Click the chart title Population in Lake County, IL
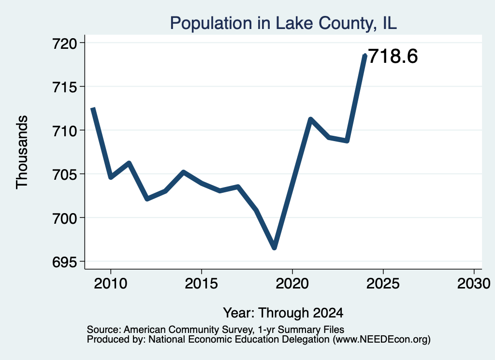(283, 23)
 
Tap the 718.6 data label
(393, 57)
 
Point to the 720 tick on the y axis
(65, 43)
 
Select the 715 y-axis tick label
(65, 87)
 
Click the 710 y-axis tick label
(65, 130)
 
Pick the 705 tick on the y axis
(65, 174)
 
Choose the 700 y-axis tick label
(65, 218)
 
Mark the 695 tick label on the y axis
(65, 262)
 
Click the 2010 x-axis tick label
(111, 284)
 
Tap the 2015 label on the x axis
(202, 284)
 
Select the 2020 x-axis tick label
(292, 284)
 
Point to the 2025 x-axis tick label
(383, 284)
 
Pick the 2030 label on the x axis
(474, 284)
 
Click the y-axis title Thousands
(22, 152)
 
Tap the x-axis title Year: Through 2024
(283, 313)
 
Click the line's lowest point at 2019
(275, 248)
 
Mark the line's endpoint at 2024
(365, 56)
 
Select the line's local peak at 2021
(311, 119)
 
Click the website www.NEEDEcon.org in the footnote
(382, 340)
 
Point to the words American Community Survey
(188, 330)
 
